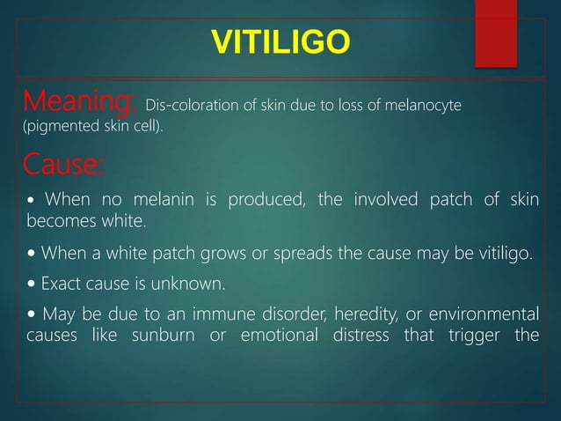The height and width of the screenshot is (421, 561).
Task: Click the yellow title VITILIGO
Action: point(280,41)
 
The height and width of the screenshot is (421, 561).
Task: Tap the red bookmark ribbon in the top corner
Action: point(496,33)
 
